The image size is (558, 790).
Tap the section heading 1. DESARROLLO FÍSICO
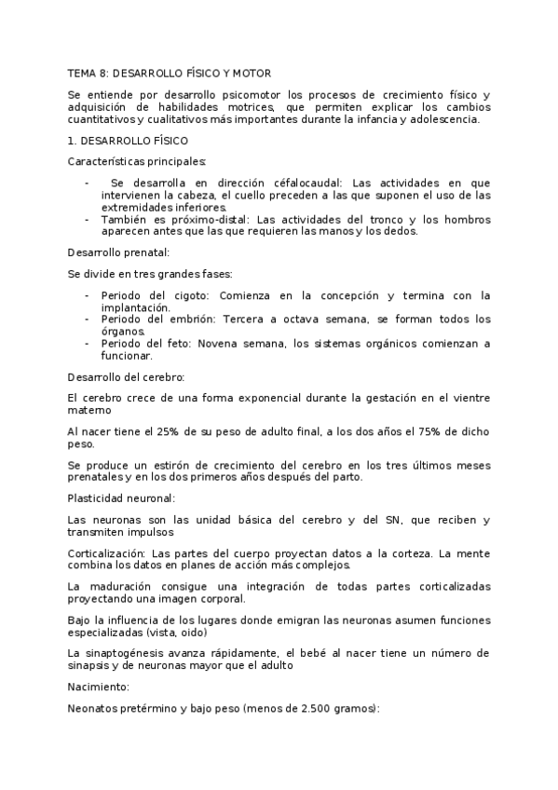click(129, 141)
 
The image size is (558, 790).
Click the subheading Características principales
click(137, 162)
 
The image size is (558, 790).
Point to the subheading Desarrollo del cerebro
click(127, 376)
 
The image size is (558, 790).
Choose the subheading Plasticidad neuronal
click(121, 498)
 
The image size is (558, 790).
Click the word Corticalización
click(106, 553)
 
